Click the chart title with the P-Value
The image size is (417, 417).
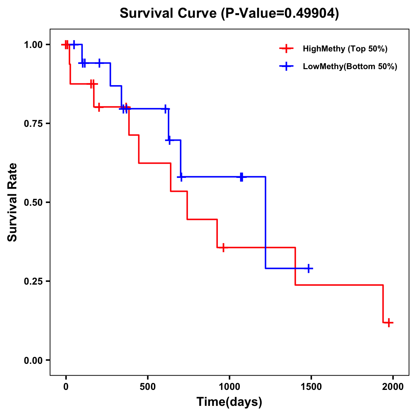coord(229,13)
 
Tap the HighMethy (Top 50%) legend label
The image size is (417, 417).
coord(345,49)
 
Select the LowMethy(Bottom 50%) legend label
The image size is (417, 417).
coord(350,66)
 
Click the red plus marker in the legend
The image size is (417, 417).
coord(286,49)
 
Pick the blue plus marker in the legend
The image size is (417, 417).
coord(286,66)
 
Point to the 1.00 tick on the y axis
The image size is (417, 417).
coord(33,45)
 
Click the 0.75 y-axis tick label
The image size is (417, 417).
coord(33,124)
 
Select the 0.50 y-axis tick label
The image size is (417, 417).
coord(33,203)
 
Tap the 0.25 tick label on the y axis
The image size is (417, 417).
coord(33,281)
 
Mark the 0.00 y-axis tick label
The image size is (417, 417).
coord(33,360)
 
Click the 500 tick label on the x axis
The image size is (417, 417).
coord(148,387)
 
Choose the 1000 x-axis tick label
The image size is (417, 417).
coord(229,387)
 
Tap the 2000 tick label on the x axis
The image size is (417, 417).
coord(393,387)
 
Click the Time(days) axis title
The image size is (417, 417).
coord(229,402)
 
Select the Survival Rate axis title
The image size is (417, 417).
coord(13,202)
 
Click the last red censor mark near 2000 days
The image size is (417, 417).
coord(389,322)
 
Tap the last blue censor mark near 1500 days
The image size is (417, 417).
coord(308,268)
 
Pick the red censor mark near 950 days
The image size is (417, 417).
coord(223,247)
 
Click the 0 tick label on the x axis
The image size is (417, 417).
coord(66,387)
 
